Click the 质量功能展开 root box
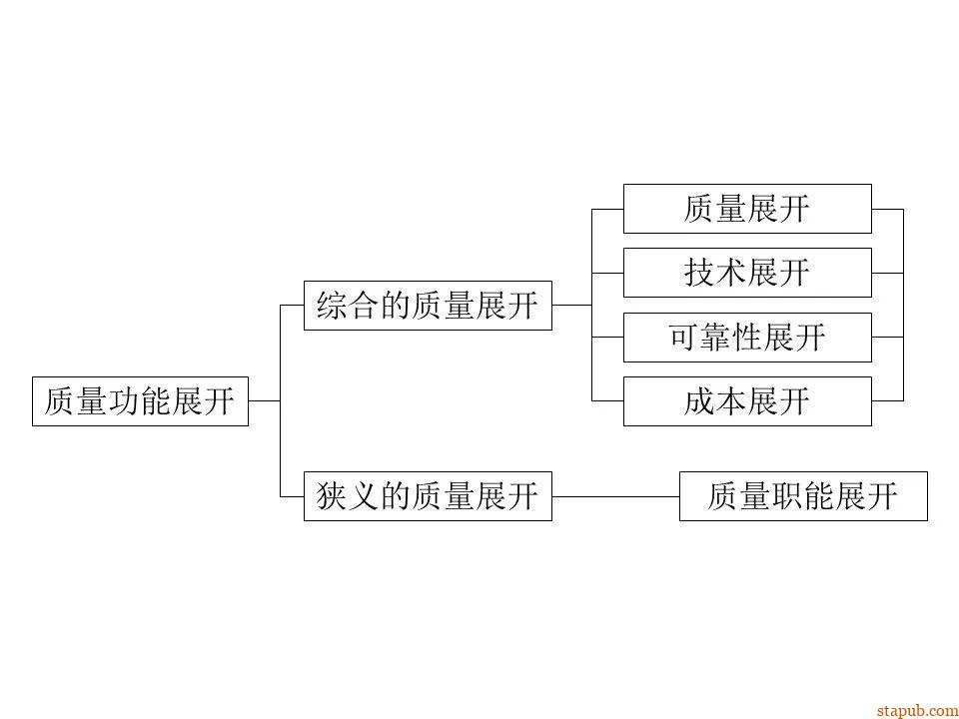point(140,401)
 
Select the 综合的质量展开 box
point(428,306)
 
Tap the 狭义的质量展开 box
point(428,496)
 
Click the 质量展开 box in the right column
point(747,209)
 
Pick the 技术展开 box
point(747,273)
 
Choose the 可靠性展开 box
point(747,338)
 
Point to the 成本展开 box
point(747,401)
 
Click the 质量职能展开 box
point(803,496)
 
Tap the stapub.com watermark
point(916,710)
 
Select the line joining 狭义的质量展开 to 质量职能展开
point(615,496)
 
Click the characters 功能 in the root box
point(140,401)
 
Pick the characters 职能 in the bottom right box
point(803,496)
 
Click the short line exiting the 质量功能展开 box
point(264,401)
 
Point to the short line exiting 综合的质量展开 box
point(571,306)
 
